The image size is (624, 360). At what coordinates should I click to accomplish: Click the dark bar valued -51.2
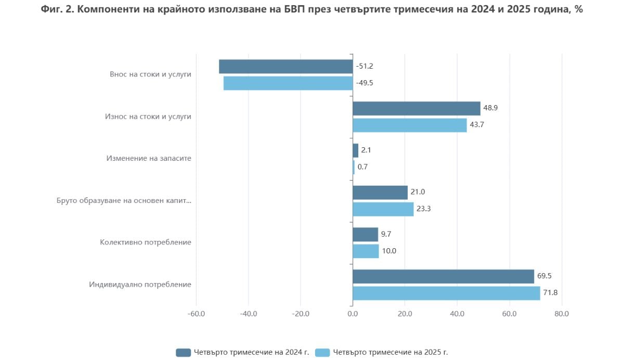click(285, 67)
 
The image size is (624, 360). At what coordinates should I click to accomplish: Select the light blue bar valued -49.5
click(288, 83)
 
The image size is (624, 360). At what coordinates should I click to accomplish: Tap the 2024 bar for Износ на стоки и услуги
click(416, 108)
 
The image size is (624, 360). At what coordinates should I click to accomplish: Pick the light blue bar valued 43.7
click(410, 125)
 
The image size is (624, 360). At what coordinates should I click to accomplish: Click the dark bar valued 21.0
click(380, 192)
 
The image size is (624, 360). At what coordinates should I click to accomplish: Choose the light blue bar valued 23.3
click(383, 209)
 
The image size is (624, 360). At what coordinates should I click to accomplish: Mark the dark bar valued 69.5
click(443, 276)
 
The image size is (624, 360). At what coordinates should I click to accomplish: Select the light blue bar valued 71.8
click(446, 293)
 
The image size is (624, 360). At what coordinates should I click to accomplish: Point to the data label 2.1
click(366, 150)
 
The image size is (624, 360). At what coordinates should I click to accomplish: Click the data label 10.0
click(389, 251)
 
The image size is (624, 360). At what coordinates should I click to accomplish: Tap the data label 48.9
click(491, 108)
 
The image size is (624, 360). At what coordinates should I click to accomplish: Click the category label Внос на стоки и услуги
click(150, 74)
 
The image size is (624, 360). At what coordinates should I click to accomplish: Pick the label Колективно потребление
click(146, 242)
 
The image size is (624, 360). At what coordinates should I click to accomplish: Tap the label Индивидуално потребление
click(140, 285)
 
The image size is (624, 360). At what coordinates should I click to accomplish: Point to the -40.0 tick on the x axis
click(249, 314)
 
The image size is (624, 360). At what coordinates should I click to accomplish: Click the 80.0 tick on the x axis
click(562, 314)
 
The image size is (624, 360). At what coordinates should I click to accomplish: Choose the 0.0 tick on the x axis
click(353, 314)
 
